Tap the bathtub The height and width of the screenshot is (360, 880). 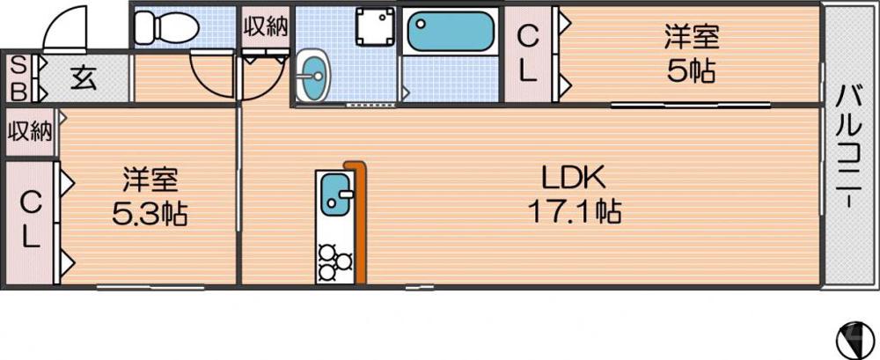tap(450, 33)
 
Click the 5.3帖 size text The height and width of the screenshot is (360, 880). tap(150, 214)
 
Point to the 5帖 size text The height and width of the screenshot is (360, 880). tap(691, 71)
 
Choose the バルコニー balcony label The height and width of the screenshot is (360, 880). tap(848, 145)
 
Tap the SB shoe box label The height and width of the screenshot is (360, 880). tap(17, 77)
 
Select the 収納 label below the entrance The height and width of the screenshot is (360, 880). tap(30, 132)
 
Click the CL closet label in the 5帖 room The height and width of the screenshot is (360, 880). tap(528, 54)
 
